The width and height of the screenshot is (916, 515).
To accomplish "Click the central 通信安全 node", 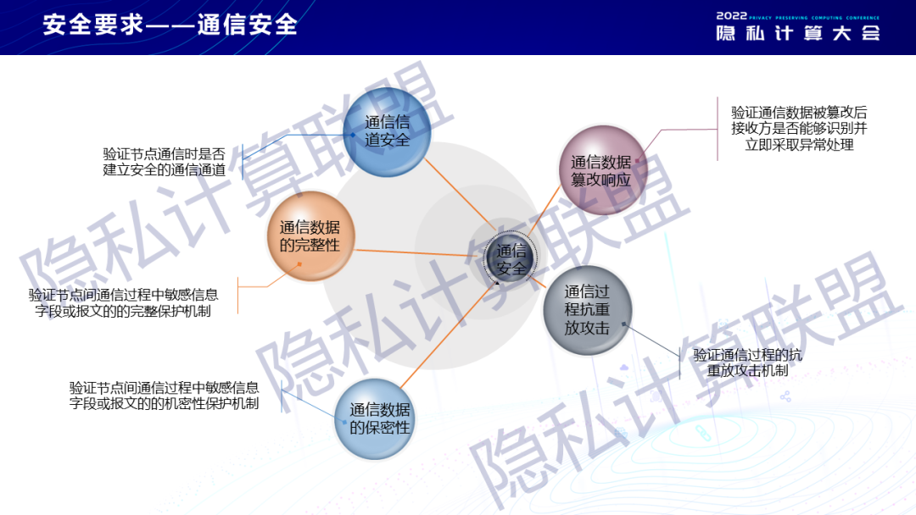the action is click(x=510, y=259).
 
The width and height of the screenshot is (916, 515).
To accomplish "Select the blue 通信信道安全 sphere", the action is click(x=387, y=132).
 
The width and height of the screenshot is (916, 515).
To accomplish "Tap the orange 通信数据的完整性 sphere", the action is click(x=310, y=236).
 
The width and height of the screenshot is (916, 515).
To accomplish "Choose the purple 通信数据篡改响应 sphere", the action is click(x=602, y=169).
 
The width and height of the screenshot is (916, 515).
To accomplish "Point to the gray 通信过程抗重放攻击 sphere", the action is click(x=588, y=310).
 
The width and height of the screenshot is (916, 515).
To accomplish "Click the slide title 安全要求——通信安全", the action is click(x=170, y=25).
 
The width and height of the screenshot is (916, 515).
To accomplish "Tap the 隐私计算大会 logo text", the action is click(x=798, y=33).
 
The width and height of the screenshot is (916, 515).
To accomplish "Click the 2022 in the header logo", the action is click(x=731, y=16).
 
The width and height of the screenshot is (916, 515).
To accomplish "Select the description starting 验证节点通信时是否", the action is click(x=165, y=162).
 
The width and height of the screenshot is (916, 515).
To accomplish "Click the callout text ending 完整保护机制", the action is click(x=123, y=303).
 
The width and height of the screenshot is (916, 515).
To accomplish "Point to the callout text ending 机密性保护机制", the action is click(x=165, y=396).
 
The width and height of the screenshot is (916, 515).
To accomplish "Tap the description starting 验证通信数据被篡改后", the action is click(x=799, y=128).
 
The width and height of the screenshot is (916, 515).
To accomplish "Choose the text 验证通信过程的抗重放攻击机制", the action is click(x=748, y=363).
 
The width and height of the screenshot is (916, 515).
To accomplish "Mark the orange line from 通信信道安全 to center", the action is click(x=461, y=194).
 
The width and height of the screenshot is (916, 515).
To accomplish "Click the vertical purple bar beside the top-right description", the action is click(x=718, y=129).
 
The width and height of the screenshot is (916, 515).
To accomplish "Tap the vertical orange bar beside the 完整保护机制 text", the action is click(x=237, y=295).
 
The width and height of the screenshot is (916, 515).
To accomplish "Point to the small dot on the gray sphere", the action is click(x=624, y=324).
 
